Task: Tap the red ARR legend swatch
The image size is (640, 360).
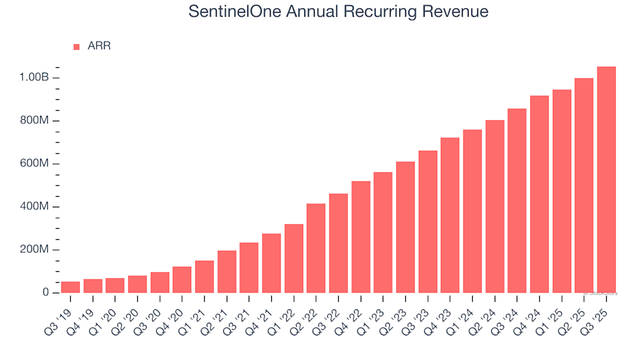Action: pos(76,47)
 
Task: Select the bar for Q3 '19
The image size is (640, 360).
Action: pos(71,287)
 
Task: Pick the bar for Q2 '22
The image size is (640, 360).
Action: pos(316,248)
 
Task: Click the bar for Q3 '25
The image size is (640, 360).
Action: pos(606,180)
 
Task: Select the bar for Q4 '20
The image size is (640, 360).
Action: pos(182,279)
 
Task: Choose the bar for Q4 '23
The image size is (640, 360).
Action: pos(450,215)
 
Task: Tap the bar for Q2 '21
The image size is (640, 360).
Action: pos(227,271)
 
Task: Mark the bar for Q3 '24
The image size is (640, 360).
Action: pos(517,200)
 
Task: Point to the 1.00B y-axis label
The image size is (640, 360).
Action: pos(34,78)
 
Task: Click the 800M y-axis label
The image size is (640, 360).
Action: pos(35,121)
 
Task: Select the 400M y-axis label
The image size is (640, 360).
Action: pos(35,207)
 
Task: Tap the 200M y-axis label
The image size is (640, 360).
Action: pos(35,250)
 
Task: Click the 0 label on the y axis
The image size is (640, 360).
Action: pos(45,293)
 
